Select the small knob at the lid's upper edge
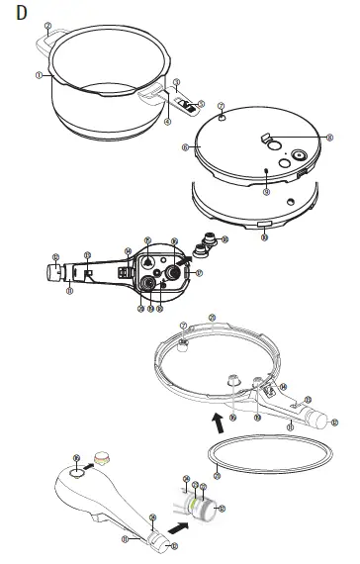click(223, 116)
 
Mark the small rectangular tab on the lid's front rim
click(263, 227)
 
